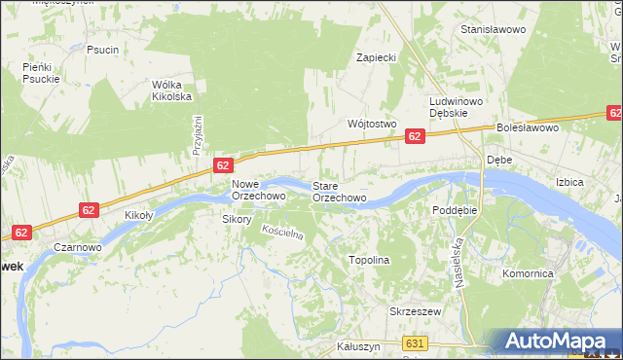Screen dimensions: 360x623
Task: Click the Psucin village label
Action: (x=102, y=50)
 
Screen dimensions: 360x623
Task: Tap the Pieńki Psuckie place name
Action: (x=42, y=73)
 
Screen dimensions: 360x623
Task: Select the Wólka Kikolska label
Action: (x=171, y=90)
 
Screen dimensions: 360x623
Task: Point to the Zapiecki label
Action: (x=376, y=57)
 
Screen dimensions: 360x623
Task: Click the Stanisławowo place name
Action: (x=494, y=30)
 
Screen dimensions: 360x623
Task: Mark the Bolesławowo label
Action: (x=527, y=127)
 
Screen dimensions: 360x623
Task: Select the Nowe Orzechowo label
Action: (x=258, y=190)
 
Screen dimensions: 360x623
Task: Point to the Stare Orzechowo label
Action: (x=339, y=191)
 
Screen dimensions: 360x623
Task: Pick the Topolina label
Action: (x=369, y=261)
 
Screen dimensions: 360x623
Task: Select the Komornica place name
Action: (x=528, y=274)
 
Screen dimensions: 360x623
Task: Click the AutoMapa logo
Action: (x=559, y=342)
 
